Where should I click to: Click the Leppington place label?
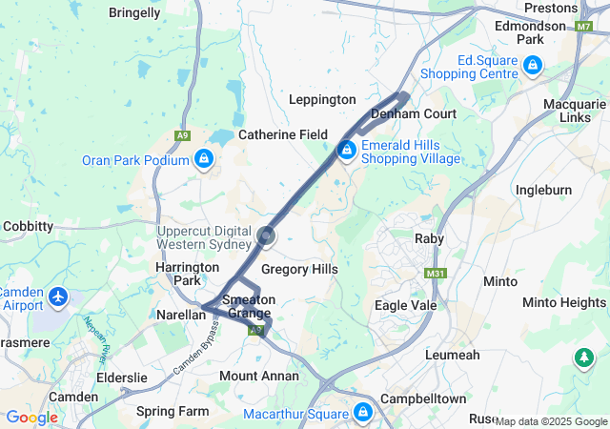pyautogui.click(x=322, y=99)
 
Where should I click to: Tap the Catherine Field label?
pyautogui.click(x=283, y=134)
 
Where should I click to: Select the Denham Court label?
pyautogui.click(x=414, y=113)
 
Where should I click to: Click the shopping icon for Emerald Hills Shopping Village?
pyautogui.click(x=347, y=151)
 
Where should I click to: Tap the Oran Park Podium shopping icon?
pyautogui.click(x=202, y=159)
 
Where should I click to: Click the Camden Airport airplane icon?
pyautogui.click(x=58, y=297)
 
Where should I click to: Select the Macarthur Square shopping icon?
pyautogui.click(x=362, y=412)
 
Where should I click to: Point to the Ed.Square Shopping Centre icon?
pyautogui.click(x=532, y=66)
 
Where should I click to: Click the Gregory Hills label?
pyautogui.click(x=299, y=270)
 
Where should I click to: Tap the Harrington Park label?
pyautogui.click(x=181, y=275)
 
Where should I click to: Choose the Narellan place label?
pyautogui.click(x=180, y=314)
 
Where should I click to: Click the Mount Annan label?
pyautogui.click(x=252, y=376)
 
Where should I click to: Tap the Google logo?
pyautogui.click(x=31, y=418)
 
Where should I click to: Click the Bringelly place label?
pyautogui.click(x=134, y=13)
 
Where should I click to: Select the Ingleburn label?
pyautogui.click(x=543, y=190)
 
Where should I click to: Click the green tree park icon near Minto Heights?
pyautogui.click(x=582, y=357)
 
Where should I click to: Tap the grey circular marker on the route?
pyautogui.click(x=267, y=235)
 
